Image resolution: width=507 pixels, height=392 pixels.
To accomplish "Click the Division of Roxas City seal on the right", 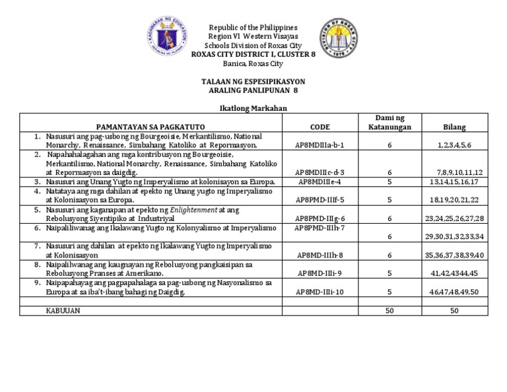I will coord(340,39).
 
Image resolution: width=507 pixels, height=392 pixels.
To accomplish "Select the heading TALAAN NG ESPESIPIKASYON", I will coord(253,81).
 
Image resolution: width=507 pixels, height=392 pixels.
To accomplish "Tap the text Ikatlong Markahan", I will coord(253,108).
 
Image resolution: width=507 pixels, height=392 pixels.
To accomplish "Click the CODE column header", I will coord(320,127).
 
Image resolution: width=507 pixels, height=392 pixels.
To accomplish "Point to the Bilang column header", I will coord(454,127).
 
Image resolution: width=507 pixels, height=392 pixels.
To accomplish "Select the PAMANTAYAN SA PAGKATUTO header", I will coord(151,127).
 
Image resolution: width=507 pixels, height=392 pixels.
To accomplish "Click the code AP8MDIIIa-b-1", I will coord(320,145).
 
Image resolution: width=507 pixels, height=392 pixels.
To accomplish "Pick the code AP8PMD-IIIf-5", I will coord(320,199).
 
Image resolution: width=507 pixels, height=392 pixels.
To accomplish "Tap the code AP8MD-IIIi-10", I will coord(320,292).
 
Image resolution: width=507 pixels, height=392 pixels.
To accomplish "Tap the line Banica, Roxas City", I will coord(253,63).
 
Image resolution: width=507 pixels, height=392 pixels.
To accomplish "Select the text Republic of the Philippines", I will coord(253,27).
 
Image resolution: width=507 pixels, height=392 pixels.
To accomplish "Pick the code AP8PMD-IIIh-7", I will coord(320,228).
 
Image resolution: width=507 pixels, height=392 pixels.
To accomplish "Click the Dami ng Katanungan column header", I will coord(389,122).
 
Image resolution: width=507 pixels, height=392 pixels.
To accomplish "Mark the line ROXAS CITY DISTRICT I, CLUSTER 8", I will coord(253,54).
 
